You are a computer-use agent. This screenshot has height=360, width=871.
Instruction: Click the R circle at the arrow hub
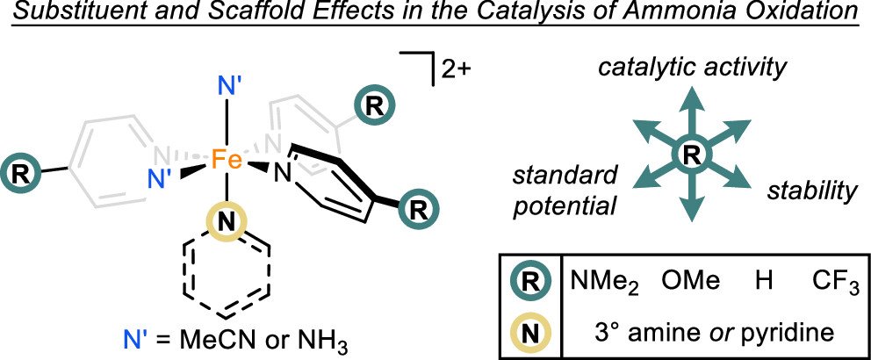point(691,156)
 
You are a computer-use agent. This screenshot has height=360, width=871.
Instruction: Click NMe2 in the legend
point(606,284)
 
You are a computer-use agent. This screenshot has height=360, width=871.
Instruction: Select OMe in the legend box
point(692,283)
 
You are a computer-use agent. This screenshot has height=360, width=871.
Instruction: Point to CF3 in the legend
point(834,284)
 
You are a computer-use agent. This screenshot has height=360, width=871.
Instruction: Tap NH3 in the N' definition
point(307,336)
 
